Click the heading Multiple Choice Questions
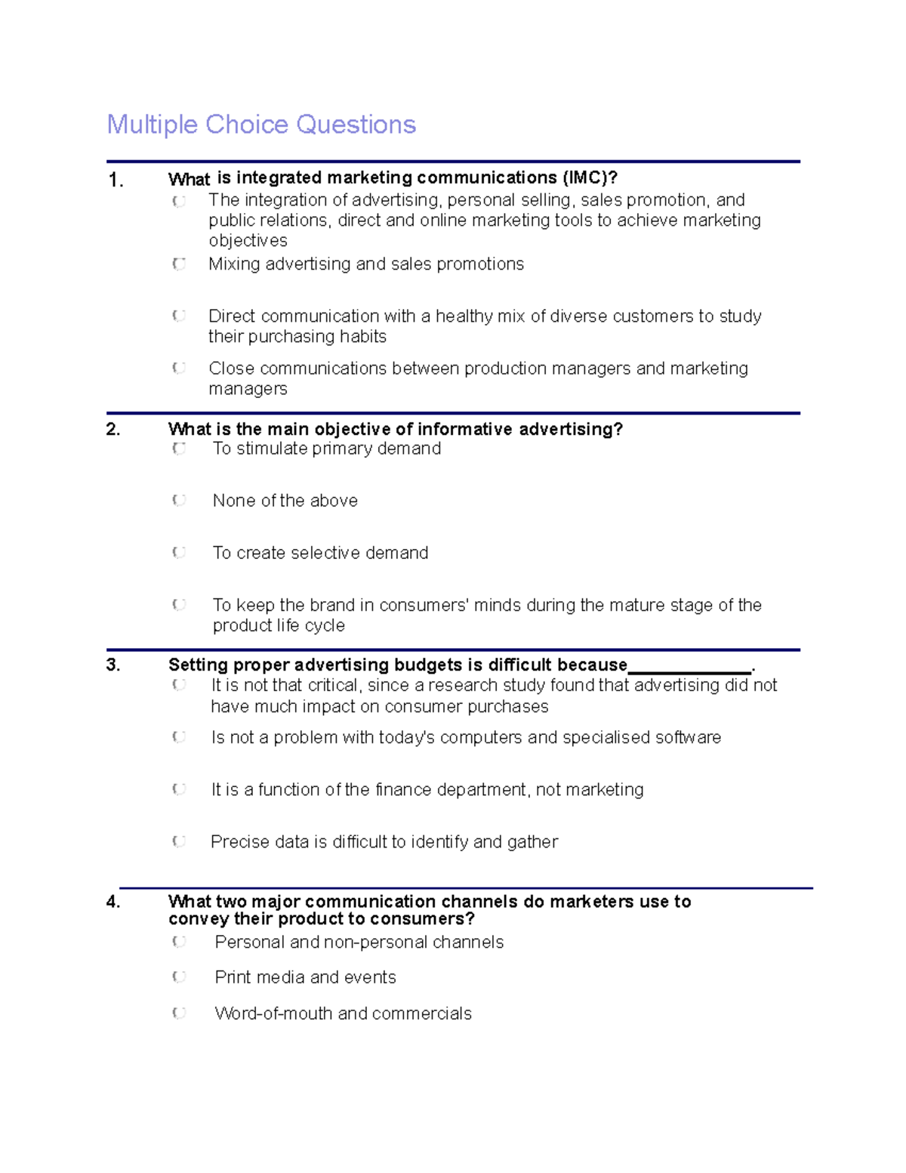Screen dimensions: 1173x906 261,125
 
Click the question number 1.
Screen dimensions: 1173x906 116,181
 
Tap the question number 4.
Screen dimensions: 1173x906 113,902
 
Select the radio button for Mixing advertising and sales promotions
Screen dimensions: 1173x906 179,264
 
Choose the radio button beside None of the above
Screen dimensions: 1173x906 179,500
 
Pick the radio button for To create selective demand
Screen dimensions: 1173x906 179,552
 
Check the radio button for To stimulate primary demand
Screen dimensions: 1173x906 179,449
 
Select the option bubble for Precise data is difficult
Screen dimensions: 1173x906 179,841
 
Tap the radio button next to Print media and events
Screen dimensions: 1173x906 179,977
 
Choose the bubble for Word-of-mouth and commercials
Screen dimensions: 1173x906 179,1013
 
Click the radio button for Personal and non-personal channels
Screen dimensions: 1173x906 179,942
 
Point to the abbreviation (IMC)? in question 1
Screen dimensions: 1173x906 589,178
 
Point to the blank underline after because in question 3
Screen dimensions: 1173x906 689,666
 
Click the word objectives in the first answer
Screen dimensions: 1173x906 248,241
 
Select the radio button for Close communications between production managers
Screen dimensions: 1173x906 179,368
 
